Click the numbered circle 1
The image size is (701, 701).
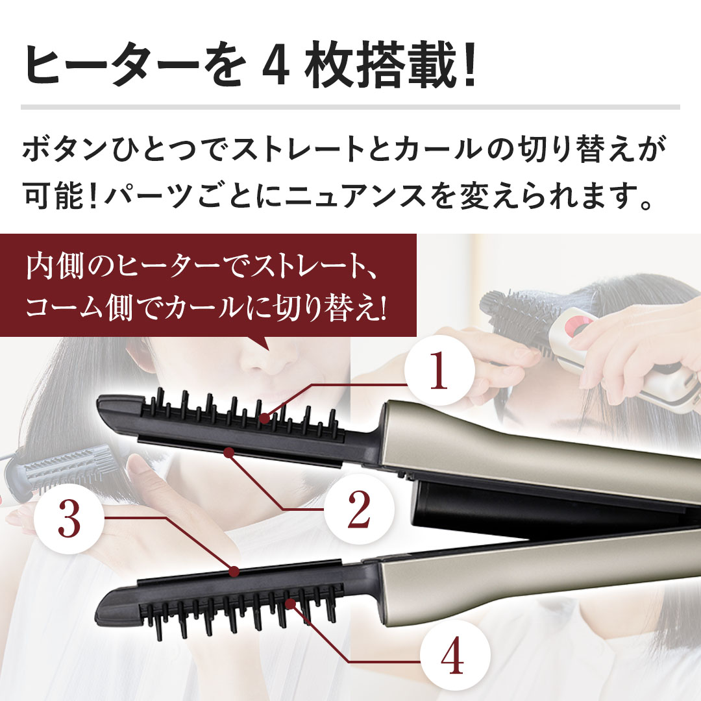point(439,370)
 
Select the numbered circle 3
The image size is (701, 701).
point(69,519)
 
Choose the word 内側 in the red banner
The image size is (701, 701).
point(55,267)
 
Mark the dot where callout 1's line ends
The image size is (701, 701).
point(265,419)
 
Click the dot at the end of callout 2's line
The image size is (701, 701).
point(229,452)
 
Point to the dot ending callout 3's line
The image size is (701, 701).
point(234,571)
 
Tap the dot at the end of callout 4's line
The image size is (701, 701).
point(291,604)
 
